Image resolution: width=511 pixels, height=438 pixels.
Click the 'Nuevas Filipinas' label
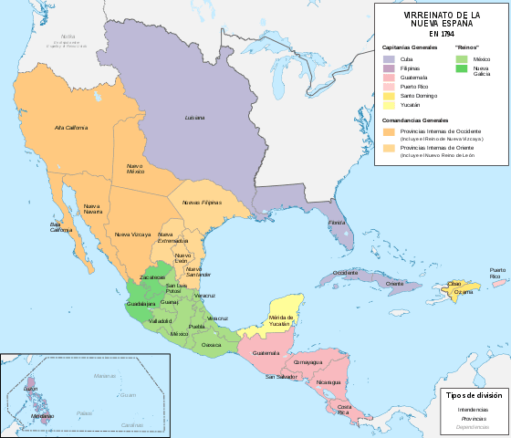202,202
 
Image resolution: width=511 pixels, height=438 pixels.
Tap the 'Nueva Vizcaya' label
133,235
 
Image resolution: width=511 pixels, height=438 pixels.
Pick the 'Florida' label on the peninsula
337,223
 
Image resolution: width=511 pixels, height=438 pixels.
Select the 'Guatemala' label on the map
266,352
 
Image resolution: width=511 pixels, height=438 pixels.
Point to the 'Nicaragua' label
329,382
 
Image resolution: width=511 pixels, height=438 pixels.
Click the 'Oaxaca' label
211,345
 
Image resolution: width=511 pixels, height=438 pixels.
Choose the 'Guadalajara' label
142,302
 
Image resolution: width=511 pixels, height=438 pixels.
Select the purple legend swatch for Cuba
388,57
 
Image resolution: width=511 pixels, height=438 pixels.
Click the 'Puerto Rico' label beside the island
496,274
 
